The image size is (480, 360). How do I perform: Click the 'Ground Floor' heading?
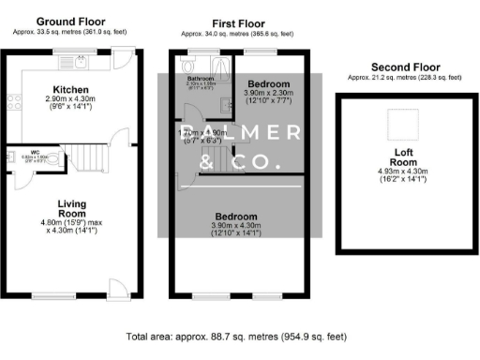pyautogui.click(x=71, y=21)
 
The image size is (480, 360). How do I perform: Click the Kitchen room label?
pyautogui.click(x=70, y=90)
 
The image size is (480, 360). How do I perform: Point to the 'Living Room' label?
pyautogui.click(x=72, y=208)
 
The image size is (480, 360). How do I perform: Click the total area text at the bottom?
pyautogui.click(x=240, y=335)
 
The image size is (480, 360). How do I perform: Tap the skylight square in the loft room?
pyautogui.click(x=404, y=123)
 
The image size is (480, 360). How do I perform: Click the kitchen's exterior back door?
pyautogui.click(x=121, y=63)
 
